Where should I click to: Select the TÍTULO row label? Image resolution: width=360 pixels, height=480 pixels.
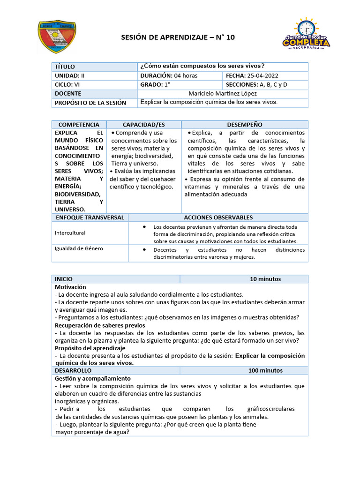click(65, 67)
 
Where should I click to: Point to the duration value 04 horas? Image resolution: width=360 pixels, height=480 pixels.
click(186, 75)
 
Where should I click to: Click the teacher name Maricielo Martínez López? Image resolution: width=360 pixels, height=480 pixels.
click(223, 93)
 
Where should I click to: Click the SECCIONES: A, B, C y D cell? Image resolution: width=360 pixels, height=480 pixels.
click(256, 84)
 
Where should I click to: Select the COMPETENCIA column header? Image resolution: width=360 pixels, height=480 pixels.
click(79, 125)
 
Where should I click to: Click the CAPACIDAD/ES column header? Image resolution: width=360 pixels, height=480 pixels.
click(143, 125)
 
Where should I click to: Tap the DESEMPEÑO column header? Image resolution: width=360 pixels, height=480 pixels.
click(244, 125)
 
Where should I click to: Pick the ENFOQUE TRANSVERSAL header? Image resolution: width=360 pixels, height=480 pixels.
click(90, 217)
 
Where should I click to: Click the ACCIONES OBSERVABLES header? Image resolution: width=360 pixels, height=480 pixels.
click(218, 217)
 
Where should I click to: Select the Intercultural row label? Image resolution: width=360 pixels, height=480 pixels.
click(70, 232)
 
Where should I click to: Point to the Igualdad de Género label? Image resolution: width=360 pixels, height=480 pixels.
click(79, 248)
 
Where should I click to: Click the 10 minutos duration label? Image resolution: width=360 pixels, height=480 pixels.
click(265, 279)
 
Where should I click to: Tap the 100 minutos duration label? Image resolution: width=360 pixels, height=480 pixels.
click(265, 370)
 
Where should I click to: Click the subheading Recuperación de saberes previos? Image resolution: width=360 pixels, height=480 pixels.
click(100, 325)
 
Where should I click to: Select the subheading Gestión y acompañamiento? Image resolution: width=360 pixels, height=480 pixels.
click(92, 378)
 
